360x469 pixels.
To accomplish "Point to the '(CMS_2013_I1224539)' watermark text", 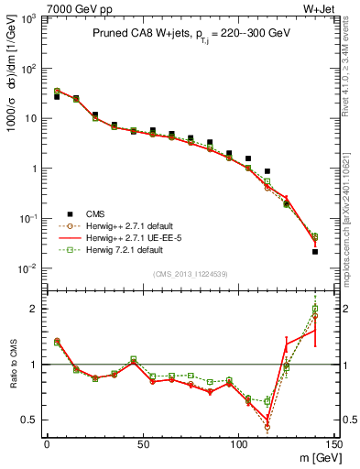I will tap(190, 274).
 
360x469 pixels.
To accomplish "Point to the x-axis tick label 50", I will tap(143, 444).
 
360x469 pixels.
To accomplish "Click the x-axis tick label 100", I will tap(238, 444).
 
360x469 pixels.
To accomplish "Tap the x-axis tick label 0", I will tap(47, 444).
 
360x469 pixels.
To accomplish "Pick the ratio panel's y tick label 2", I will tap(35, 309).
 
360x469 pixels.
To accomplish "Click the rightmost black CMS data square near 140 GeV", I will tap(315, 251).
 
